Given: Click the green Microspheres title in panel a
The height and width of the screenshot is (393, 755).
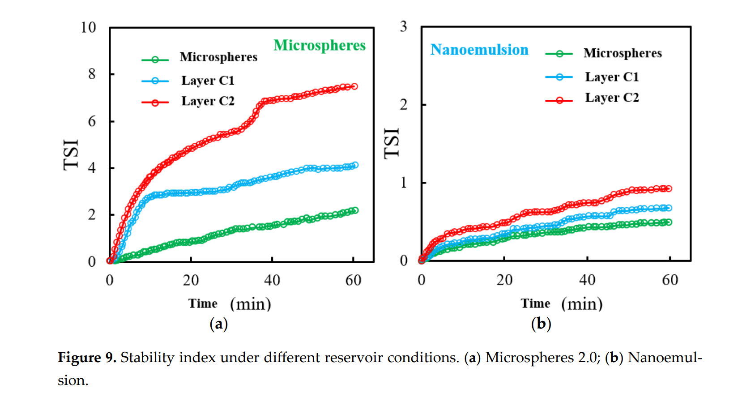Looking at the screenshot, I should click(x=319, y=45).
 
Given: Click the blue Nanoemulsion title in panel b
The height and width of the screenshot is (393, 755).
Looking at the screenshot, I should click(x=479, y=50).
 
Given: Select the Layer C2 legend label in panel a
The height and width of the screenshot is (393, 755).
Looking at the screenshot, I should click(x=208, y=101).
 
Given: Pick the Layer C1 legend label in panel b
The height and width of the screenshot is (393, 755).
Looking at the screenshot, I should click(x=611, y=77).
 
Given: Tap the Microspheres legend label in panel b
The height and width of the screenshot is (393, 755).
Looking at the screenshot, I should click(x=622, y=53).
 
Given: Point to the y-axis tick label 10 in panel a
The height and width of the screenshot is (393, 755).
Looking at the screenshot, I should click(x=88, y=27).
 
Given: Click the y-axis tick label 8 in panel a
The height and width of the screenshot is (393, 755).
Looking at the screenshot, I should click(x=92, y=74).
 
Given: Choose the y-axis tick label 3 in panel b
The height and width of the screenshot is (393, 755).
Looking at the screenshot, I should click(x=403, y=26).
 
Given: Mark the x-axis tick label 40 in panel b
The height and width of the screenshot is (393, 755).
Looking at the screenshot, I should click(x=587, y=280).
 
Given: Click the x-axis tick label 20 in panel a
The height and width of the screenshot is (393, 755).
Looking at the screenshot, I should click(x=191, y=281).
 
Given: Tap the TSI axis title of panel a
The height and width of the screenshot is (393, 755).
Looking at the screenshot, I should click(x=71, y=155).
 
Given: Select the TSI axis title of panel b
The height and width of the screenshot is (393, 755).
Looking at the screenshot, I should click(x=392, y=143).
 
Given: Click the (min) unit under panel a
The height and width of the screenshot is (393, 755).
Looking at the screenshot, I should click(x=250, y=304).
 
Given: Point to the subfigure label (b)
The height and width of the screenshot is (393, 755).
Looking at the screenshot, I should click(x=541, y=324).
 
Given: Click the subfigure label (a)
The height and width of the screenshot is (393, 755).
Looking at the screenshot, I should click(x=218, y=324).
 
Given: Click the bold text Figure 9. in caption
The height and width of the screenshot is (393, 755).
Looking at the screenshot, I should click(x=87, y=358).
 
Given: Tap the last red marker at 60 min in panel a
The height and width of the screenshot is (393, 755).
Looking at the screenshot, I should click(x=354, y=86).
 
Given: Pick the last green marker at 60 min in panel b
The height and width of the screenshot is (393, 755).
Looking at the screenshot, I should click(x=669, y=222).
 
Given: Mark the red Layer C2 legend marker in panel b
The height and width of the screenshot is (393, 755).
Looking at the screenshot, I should click(x=559, y=100).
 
